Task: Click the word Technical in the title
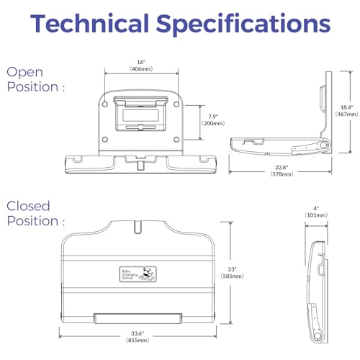(89, 23)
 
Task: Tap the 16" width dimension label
(141, 66)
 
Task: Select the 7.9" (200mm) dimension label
(213, 120)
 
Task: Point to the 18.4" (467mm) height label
(347, 111)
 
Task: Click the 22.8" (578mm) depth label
(282, 171)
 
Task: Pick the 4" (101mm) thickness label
(316, 212)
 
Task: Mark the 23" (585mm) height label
(233, 273)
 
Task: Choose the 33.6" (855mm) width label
(138, 337)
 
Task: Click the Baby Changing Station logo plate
(138, 274)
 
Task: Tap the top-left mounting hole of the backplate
(105, 104)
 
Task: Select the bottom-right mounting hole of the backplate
(176, 140)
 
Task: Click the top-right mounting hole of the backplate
(176, 104)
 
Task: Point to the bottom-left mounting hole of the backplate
(105, 140)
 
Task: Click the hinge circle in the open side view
(324, 145)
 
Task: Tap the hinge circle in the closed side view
(318, 336)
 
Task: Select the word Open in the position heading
(24, 73)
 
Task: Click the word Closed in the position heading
(28, 206)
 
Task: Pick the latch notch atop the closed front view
(138, 227)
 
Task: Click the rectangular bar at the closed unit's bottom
(138, 318)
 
